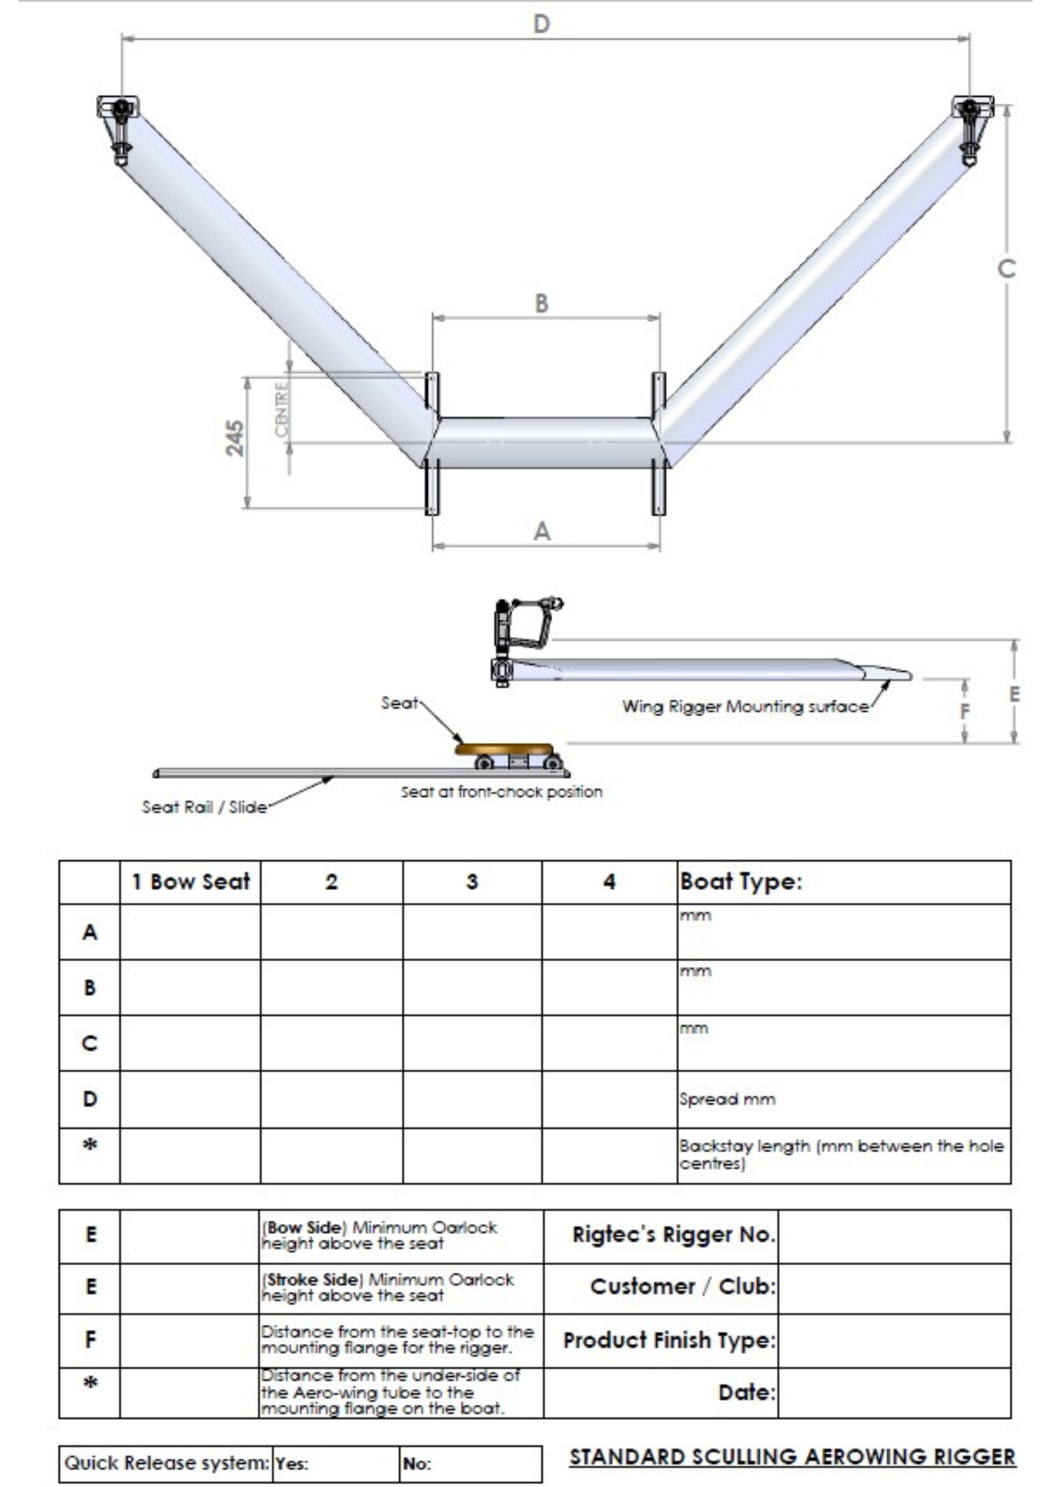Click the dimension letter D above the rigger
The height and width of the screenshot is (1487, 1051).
(541, 24)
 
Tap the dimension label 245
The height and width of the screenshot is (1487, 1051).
(234, 438)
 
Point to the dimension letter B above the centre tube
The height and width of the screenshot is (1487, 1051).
(542, 303)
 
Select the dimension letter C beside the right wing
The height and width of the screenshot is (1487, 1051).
(1006, 269)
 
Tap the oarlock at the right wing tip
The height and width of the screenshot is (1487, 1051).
(970, 129)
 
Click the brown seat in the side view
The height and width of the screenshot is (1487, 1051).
(504, 748)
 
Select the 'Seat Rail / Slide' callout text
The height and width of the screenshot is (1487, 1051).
(204, 807)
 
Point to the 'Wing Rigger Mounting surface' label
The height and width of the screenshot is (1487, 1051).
(745, 707)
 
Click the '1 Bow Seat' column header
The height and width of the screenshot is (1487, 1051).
(191, 882)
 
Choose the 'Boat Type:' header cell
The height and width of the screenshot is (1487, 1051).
(740, 882)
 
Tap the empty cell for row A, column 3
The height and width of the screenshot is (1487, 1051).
(472, 931)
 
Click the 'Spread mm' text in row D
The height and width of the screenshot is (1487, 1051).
(726, 1100)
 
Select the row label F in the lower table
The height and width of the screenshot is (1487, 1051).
(90, 1339)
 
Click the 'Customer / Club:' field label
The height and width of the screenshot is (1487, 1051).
(682, 1287)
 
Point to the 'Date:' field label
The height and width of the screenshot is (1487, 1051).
(746, 1392)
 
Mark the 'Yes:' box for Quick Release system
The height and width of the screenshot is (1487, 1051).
(334, 1464)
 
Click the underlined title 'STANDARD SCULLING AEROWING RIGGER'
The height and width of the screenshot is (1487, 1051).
(793, 1456)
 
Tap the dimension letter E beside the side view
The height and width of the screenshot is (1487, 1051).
(1014, 693)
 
